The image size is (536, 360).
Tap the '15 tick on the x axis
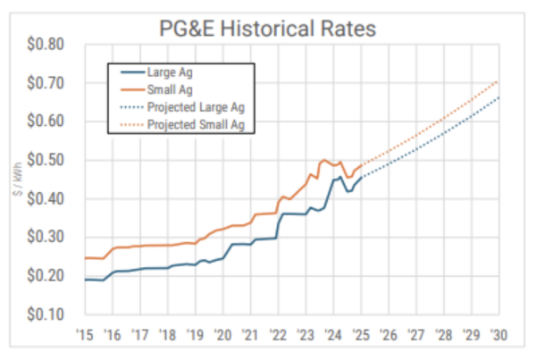(85, 334)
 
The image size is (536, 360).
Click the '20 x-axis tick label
(222, 334)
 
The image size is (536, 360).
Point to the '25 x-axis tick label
(361, 334)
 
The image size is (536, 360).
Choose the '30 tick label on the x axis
(499, 334)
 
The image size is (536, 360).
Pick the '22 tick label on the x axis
(278, 334)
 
